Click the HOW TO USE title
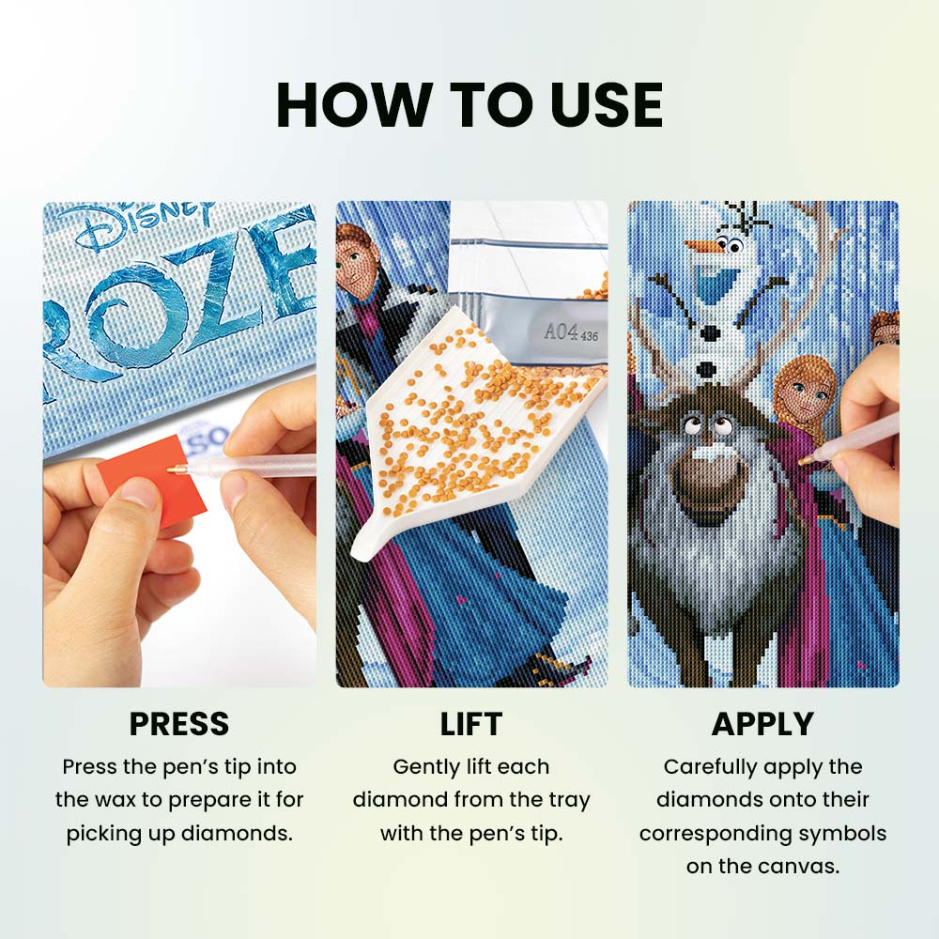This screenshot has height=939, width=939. [469, 105]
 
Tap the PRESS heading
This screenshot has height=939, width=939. [179, 724]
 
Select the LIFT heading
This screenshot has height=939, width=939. [470, 724]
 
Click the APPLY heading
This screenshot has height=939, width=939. [762, 724]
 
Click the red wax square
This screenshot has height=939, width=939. [156, 479]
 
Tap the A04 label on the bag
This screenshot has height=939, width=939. [562, 331]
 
